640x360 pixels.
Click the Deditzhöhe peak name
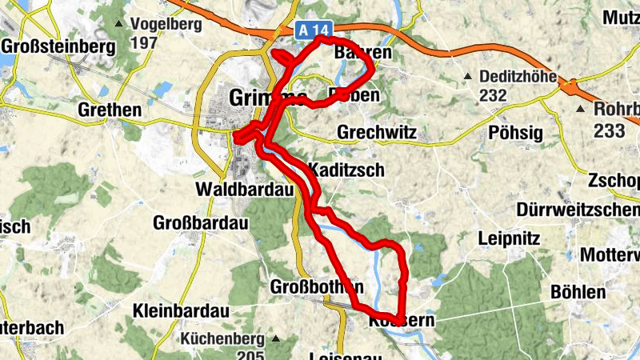pyautogui.click(x=518, y=78)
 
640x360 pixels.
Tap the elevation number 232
pyautogui.click(x=494, y=96)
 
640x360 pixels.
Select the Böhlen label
pyautogui.click(x=578, y=292)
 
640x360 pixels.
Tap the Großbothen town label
pyautogui.click(x=317, y=286)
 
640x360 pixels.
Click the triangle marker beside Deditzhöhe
pyautogui.click(x=469, y=78)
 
